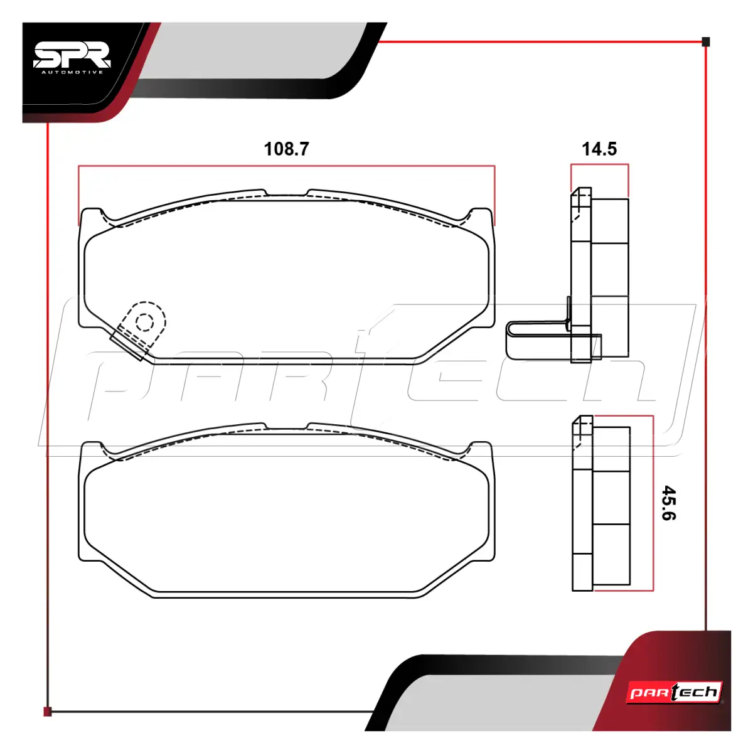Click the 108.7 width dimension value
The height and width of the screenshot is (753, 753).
click(286, 149)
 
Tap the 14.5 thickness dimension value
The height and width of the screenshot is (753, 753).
click(599, 149)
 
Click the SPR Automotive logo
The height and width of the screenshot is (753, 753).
click(73, 58)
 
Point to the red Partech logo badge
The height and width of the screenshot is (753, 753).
click(674, 692)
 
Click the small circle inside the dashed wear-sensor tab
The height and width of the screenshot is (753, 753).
click(144, 322)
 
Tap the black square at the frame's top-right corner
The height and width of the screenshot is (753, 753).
click(706, 42)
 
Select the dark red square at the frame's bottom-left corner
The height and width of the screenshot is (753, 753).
click(47, 712)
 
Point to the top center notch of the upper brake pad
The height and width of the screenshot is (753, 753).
click(286, 193)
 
